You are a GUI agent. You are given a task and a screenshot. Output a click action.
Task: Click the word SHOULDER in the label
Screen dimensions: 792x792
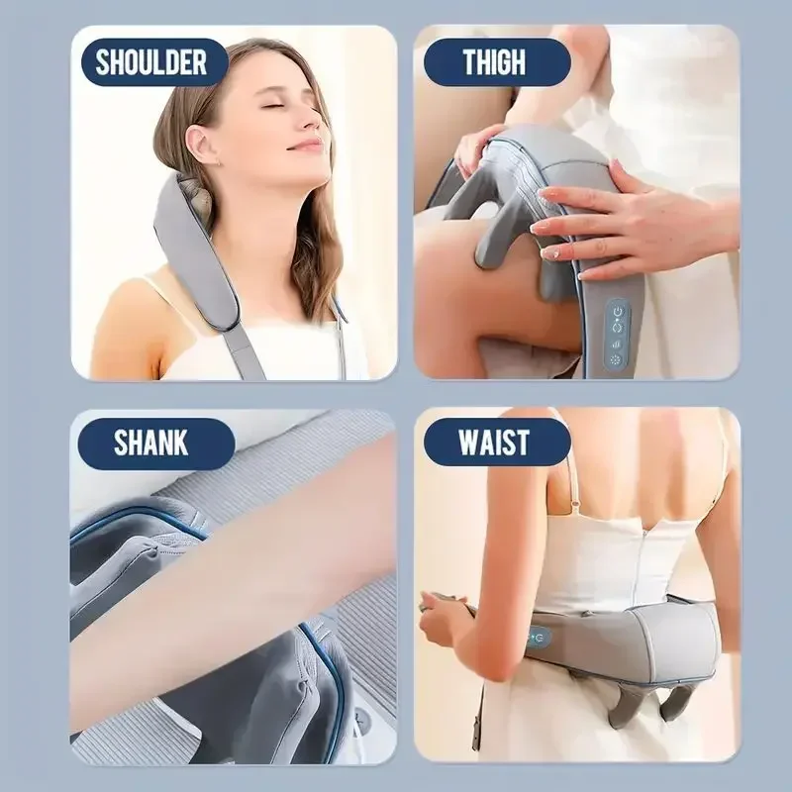[x=150, y=62]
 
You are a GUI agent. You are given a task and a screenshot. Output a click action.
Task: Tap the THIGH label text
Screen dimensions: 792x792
[x=494, y=62]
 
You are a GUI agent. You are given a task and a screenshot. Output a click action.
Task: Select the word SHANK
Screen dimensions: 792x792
[x=150, y=442]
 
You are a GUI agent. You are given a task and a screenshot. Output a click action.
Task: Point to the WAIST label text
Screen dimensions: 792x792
[x=494, y=442]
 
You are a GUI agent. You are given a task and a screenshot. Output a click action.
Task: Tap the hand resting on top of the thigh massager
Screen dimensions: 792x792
[x=624, y=218]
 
